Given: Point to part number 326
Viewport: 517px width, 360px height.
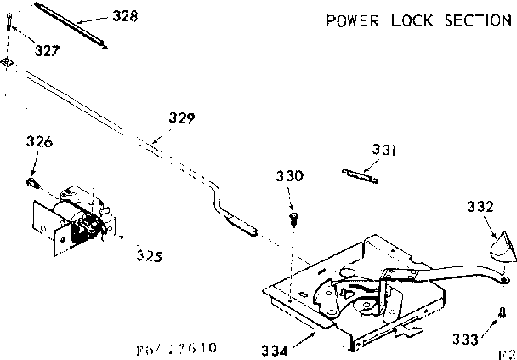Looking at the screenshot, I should pos(39,143).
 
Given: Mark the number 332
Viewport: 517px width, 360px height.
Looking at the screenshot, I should pos(480,205).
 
